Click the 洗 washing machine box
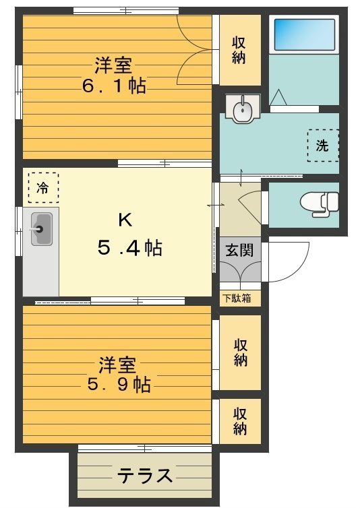(322, 145)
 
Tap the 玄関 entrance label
(239, 251)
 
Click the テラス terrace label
(145, 476)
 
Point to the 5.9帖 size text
(117, 385)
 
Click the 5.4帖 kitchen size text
(129, 248)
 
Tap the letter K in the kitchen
(125, 220)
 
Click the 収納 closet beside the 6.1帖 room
(238, 49)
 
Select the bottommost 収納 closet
(240, 421)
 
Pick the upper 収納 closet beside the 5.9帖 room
(240, 352)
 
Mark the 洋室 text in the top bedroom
(113, 66)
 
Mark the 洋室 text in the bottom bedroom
(117, 365)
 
